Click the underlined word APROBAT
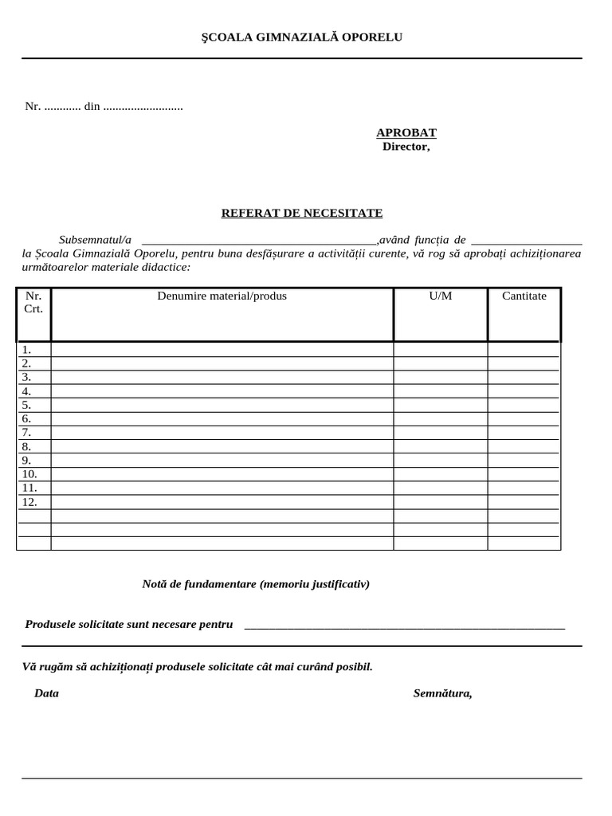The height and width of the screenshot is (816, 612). tap(406, 133)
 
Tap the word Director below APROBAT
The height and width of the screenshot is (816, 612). tap(406, 147)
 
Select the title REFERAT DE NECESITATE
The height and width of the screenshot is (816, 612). tap(301, 214)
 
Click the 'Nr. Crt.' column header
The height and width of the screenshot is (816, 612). tap(33, 302)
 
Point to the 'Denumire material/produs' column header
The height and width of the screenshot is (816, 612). tap(222, 296)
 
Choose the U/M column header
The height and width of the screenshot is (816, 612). tap(440, 296)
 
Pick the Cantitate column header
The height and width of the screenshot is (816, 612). tap(524, 296)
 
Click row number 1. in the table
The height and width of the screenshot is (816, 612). tap(27, 349)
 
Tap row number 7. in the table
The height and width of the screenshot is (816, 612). tap(27, 433)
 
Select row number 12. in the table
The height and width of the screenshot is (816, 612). tap(29, 502)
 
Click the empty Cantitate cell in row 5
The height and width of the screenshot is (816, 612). tap(524, 405)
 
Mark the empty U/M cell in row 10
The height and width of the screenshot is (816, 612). tap(440, 474)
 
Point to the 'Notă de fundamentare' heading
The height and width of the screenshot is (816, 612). tap(256, 584)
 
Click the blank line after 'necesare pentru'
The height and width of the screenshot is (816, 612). tap(404, 626)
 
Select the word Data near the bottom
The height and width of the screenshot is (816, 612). tap(46, 693)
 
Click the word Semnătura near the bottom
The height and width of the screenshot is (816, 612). tap(442, 693)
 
